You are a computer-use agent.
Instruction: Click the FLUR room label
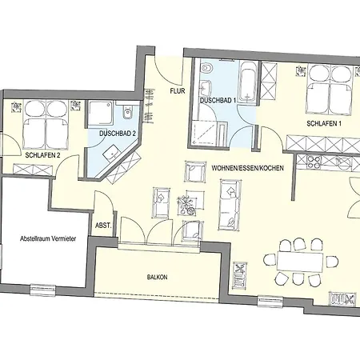[x=178, y=91]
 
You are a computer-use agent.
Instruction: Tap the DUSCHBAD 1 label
[x=218, y=101]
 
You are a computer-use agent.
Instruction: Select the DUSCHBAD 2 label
[x=118, y=134]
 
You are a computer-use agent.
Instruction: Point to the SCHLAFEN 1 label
[x=324, y=123]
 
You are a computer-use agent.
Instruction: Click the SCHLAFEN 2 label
[x=42, y=155]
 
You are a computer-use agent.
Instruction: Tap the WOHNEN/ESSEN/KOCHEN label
[x=247, y=168]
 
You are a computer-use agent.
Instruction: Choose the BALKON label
[x=158, y=278]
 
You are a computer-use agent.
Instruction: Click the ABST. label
[x=103, y=226]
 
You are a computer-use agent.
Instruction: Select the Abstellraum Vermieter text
[x=48, y=238]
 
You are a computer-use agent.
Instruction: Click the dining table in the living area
[x=300, y=262]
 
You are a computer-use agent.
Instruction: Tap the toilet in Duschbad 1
[x=206, y=68]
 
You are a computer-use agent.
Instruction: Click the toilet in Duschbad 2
[x=128, y=113]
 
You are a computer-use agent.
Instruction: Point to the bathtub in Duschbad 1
[x=248, y=82]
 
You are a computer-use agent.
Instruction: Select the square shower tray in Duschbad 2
[x=102, y=113]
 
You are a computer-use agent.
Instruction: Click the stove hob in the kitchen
[x=314, y=162]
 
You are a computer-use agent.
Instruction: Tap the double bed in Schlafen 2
[x=46, y=125]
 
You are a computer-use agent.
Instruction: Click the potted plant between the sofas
[x=186, y=204]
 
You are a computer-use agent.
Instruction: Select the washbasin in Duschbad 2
[x=112, y=153]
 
